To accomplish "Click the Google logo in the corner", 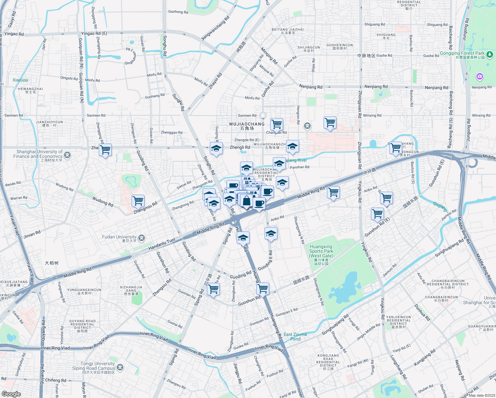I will click(11, 394).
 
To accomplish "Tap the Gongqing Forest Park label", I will click(462, 53).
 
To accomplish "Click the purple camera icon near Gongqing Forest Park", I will click(479, 77).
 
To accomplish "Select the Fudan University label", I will click(119, 237).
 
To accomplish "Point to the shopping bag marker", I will click(246, 201).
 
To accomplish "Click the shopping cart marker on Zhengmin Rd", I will click(138, 201).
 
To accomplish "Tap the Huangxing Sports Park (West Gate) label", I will click(321, 251).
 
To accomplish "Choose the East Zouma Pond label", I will click(295, 337).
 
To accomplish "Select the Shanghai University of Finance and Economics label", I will click(38, 154).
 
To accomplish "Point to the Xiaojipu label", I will click(20, 80).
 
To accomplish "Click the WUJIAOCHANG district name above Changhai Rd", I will click(247, 124).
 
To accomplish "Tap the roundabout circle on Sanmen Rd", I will click(263, 115).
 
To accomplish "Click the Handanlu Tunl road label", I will click(162, 244).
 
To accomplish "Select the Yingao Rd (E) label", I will click(94, 33).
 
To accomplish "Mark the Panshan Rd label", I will click(299, 167).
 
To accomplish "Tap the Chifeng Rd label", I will click(55, 380).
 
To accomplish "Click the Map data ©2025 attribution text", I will click(481, 395).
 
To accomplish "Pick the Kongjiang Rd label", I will click(424, 358).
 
